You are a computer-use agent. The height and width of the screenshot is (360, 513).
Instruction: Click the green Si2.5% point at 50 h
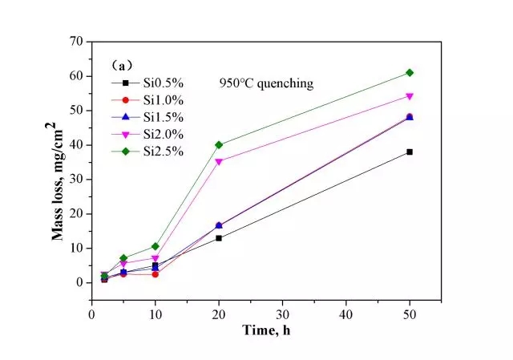410,73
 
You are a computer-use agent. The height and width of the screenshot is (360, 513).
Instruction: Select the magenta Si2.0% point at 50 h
410,96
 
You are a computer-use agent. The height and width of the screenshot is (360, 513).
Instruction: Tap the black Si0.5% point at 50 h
410,152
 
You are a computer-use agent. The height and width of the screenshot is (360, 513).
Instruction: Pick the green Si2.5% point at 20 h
219,145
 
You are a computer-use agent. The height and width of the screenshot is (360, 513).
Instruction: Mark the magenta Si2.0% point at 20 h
219,161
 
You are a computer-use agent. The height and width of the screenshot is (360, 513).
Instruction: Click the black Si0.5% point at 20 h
219,238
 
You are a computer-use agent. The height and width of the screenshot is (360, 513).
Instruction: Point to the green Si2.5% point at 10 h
155,246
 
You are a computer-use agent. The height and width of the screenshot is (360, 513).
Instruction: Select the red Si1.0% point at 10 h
155,274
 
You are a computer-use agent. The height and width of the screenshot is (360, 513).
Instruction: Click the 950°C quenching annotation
266,83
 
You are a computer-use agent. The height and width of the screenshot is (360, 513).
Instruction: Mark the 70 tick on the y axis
78,41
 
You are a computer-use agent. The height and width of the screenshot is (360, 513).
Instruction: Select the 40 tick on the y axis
78,144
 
